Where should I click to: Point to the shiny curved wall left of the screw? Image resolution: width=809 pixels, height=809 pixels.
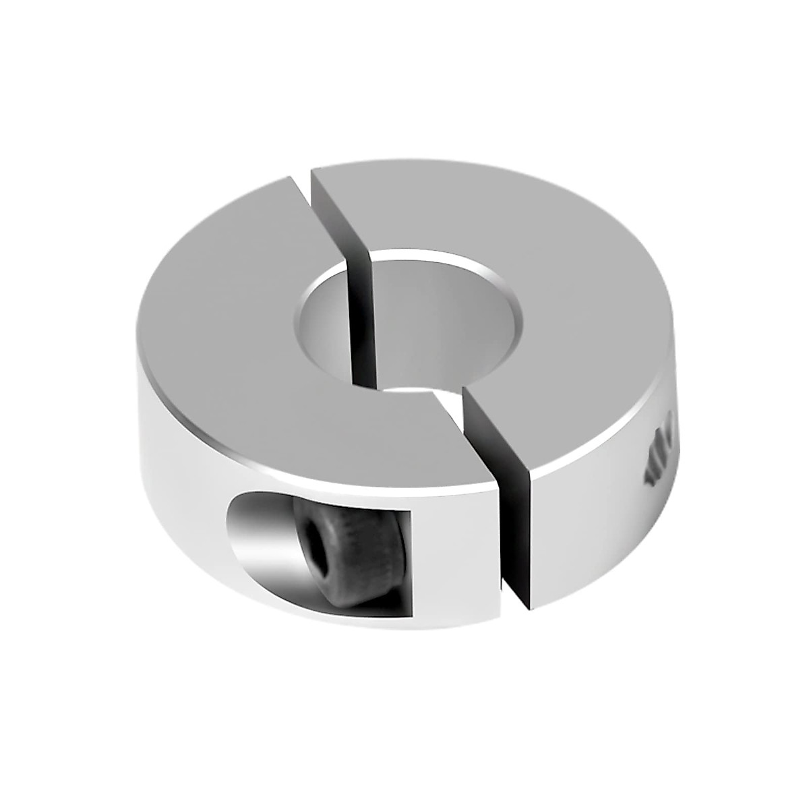pyautogui.click(x=260, y=533)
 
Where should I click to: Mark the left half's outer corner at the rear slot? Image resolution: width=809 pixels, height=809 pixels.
pyautogui.click(x=294, y=177)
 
